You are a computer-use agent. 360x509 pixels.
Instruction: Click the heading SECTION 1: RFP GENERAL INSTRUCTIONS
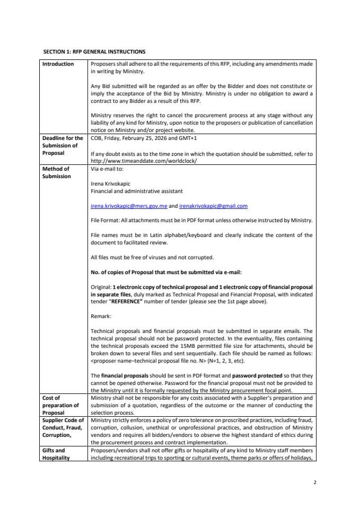[94, 51]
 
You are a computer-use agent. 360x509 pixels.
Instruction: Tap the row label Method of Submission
[56, 173]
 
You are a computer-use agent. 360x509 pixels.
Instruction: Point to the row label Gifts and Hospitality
[56, 454]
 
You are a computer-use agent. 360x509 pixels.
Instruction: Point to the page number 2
[314, 482]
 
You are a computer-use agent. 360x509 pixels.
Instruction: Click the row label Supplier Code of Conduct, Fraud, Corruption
[63, 427]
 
